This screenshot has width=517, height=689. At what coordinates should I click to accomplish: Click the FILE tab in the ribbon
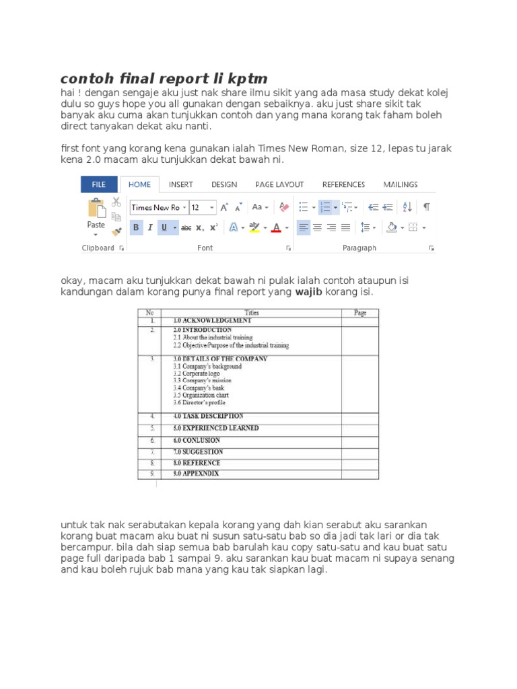point(99,184)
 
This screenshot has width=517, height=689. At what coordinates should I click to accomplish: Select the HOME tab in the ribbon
point(139,184)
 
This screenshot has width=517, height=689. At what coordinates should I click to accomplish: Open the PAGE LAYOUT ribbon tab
point(279,184)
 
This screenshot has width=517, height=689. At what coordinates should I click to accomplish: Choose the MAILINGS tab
point(401,184)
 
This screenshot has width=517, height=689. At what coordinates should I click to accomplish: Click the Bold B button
point(136,227)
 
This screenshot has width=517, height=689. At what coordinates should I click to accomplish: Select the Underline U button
point(164,227)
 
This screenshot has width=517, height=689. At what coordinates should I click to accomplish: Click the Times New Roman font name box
point(156,207)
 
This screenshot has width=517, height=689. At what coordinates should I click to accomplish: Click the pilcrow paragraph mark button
point(426,207)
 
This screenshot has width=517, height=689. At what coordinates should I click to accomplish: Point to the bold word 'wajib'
point(309,293)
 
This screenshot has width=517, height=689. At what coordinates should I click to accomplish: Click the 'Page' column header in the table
point(359,313)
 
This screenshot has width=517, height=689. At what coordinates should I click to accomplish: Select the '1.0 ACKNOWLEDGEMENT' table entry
point(212,321)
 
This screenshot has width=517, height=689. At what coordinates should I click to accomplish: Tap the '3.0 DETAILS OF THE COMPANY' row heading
point(220,359)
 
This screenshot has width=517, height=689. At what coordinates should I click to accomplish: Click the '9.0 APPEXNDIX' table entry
point(196,474)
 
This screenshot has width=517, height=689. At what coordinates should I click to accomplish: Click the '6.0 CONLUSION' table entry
point(197,440)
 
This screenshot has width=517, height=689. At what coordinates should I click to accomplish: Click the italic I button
point(149,227)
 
